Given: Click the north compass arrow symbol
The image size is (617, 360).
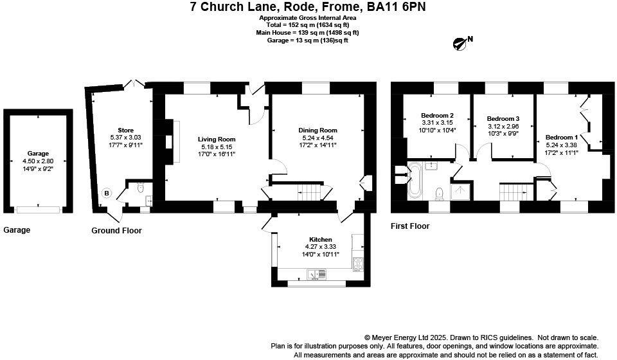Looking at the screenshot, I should [460, 44].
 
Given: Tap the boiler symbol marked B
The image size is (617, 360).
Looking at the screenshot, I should [107, 194].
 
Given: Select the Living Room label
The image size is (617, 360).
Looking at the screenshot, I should [216, 139].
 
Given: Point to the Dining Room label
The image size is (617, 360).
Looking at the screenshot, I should [317, 130].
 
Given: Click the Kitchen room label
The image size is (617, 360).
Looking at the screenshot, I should [320, 239].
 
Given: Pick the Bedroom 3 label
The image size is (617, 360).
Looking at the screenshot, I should [503, 119].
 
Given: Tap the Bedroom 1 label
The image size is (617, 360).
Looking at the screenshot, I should [562, 138].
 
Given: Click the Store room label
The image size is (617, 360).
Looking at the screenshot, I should [125, 130].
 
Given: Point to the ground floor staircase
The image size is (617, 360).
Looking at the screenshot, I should [310, 192].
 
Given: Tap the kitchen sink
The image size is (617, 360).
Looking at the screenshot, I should [317, 274].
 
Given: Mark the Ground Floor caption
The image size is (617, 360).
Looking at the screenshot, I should [116, 230].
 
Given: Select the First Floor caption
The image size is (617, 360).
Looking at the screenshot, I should [410, 226].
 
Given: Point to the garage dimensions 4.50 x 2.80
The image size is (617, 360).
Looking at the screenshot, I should [38, 161].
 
